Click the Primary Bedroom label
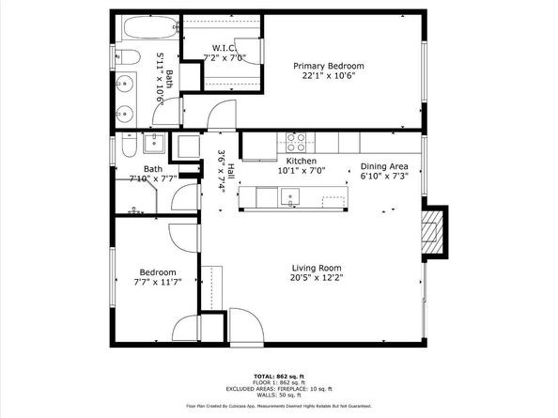328,66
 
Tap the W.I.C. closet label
223,48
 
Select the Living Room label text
316,267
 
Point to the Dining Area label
385,167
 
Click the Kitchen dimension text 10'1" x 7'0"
299,172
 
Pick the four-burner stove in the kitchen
296,142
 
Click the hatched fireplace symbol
432,229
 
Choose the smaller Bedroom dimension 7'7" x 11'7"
156,282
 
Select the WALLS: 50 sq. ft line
278,395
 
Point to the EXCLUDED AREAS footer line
278,388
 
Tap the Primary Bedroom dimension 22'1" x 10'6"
328,77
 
